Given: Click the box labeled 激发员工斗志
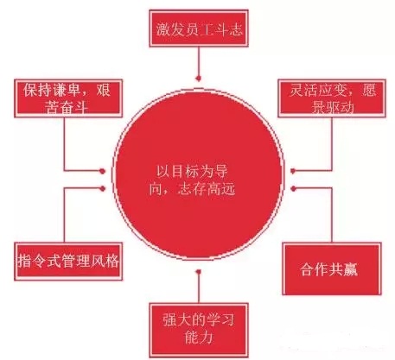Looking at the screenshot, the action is pyautogui.click(x=199, y=28).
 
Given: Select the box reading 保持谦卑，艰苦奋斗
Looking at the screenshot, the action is pyautogui.click(x=68, y=98).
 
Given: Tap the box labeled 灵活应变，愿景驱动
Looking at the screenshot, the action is pyautogui.click(x=332, y=98).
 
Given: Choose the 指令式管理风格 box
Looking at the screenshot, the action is pyautogui.click(x=68, y=262).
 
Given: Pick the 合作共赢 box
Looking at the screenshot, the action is pyautogui.click(x=332, y=268).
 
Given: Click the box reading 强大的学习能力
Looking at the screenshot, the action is pyautogui.click(x=199, y=329).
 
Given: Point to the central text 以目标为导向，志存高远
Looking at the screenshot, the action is pyautogui.click(x=193, y=180).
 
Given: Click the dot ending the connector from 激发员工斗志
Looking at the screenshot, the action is pyautogui.click(x=199, y=78).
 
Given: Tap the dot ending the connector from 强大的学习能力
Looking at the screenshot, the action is pyautogui.click(x=199, y=271).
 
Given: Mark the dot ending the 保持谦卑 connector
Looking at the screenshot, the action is pyautogui.click(x=102, y=171).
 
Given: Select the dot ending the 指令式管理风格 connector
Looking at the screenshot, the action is pyautogui.click(x=102, y=188).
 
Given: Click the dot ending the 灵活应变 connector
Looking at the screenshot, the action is pyautogui.click(x=293, y=171).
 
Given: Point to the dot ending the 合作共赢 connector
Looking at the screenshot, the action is pyautogui.click(x=293, y=188).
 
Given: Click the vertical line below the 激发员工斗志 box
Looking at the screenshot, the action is pyautogui.click(x=199, y=61).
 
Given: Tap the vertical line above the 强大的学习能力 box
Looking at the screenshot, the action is pyautogui.click(x=199, y=288).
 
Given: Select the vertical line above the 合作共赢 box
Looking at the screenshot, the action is pyautogui.click(x=332, y=215).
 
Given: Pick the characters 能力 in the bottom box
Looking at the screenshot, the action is pyautogui.click(x=199, y=338).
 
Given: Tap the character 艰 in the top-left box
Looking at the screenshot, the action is pyautogui.click(x=103, y=90).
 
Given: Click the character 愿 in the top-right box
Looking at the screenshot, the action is pyautogui.click(x=369, y=90).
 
